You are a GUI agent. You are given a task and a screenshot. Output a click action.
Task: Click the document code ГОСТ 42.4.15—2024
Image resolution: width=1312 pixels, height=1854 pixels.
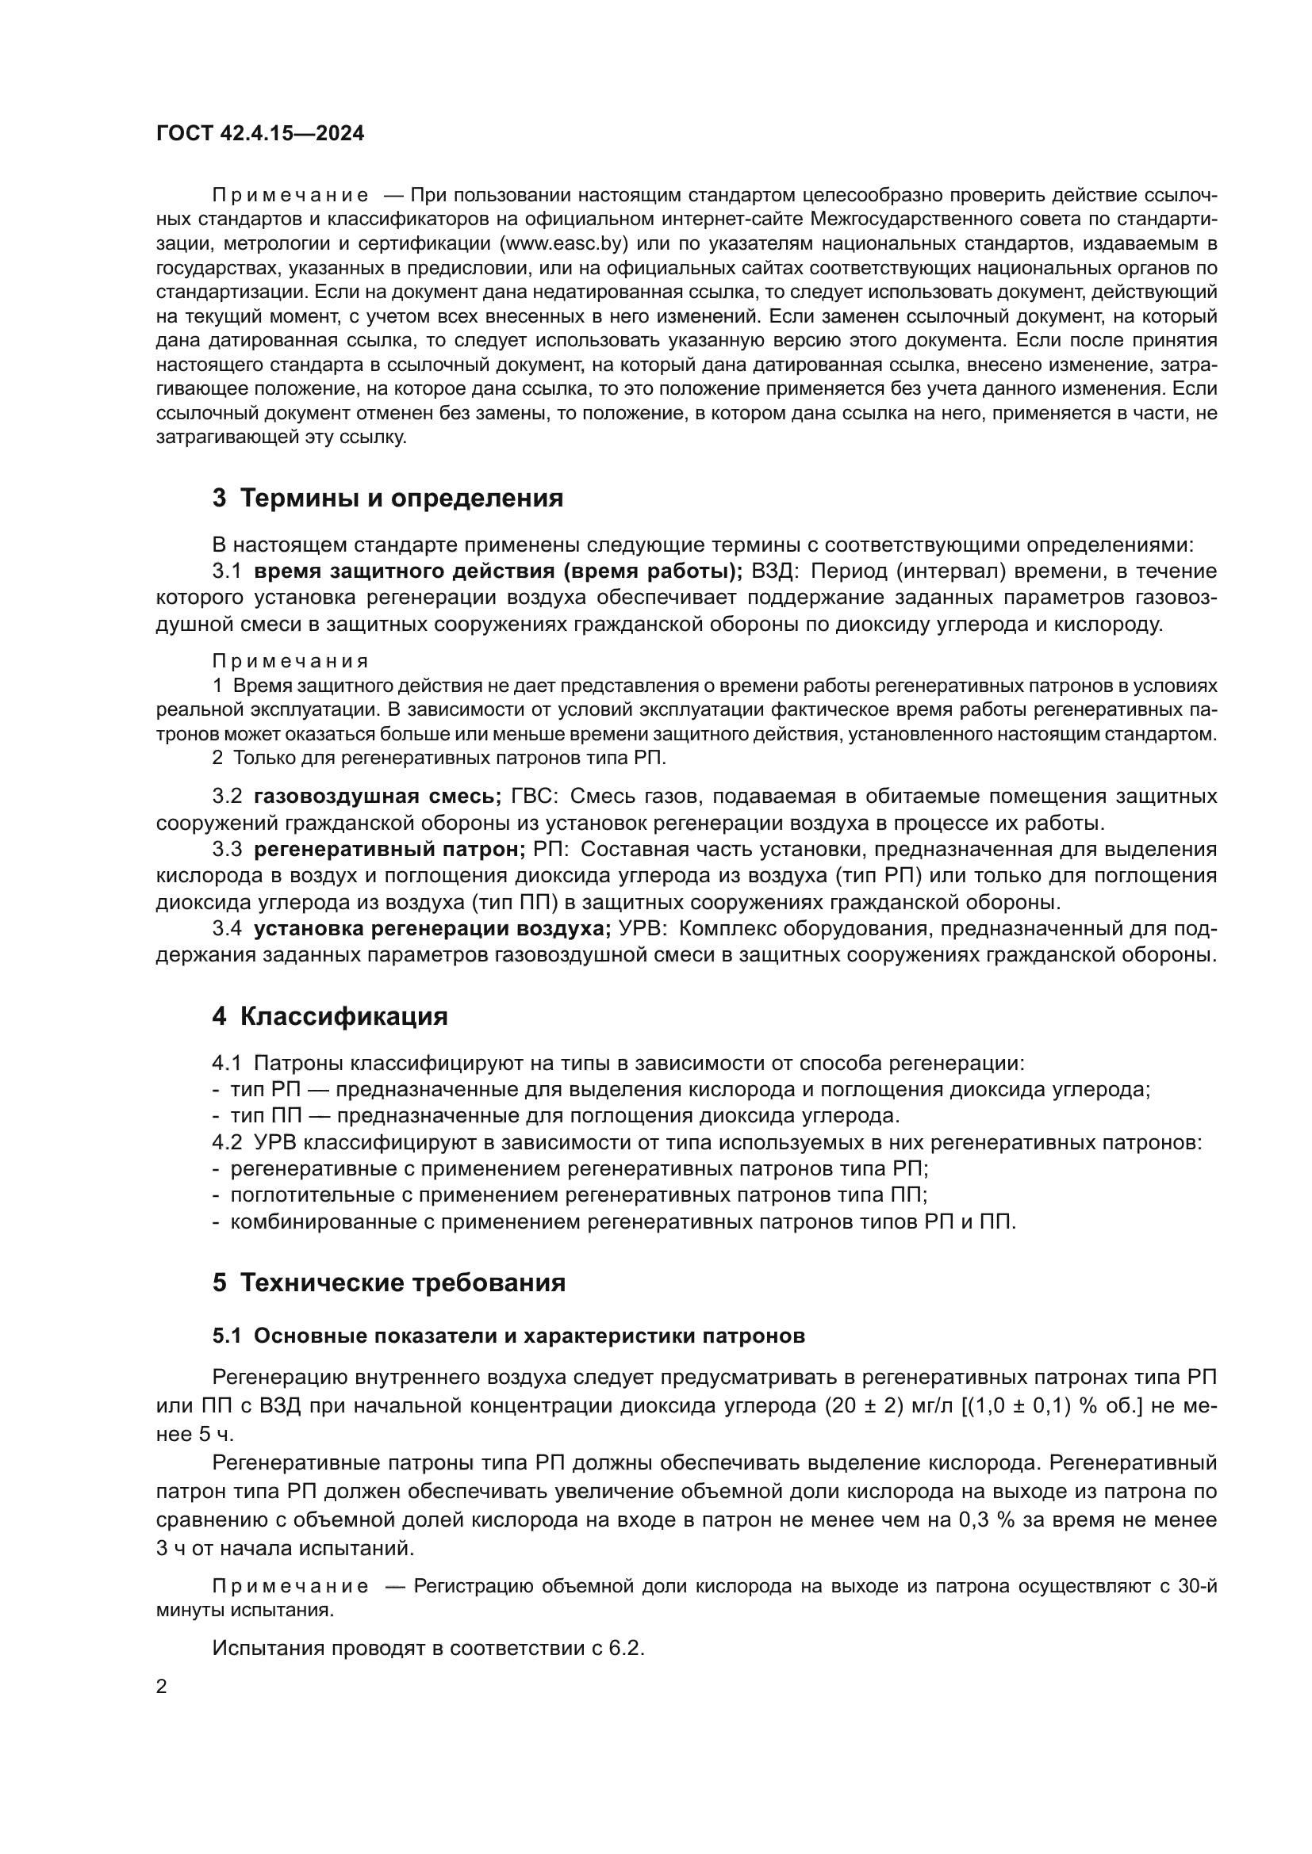pos(259,133)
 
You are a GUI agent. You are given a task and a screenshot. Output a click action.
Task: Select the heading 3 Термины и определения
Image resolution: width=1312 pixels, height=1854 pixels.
pos(388,499)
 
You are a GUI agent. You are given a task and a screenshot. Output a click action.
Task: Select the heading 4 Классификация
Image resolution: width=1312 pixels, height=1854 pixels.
pos(330,1016)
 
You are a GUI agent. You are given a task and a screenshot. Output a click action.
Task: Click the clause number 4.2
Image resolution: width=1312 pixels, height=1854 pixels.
pos(227,1143)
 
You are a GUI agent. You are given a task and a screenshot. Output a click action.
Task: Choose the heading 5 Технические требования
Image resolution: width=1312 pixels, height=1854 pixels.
pos(389,1283)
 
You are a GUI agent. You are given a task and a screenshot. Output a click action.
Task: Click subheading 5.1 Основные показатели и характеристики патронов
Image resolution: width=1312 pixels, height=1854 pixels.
pos(509,1336)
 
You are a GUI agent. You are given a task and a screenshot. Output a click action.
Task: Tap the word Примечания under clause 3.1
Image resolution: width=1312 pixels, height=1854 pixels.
pos(290,661)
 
